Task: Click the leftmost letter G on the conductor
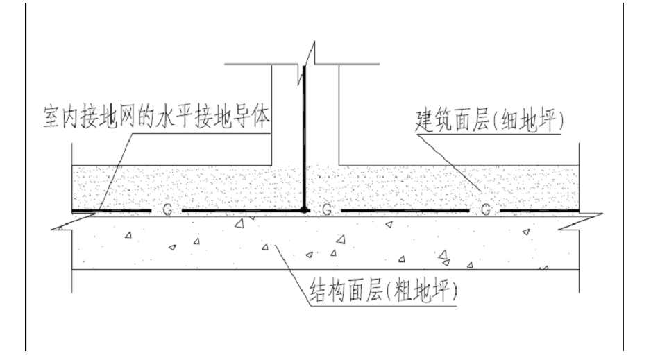pos(167,209)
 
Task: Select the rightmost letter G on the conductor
pos(485,209)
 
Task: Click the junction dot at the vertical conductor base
pos(305,209)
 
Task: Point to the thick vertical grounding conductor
pos(305,139)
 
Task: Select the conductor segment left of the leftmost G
pos(111,209)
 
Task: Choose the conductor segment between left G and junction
pos(239,209)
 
